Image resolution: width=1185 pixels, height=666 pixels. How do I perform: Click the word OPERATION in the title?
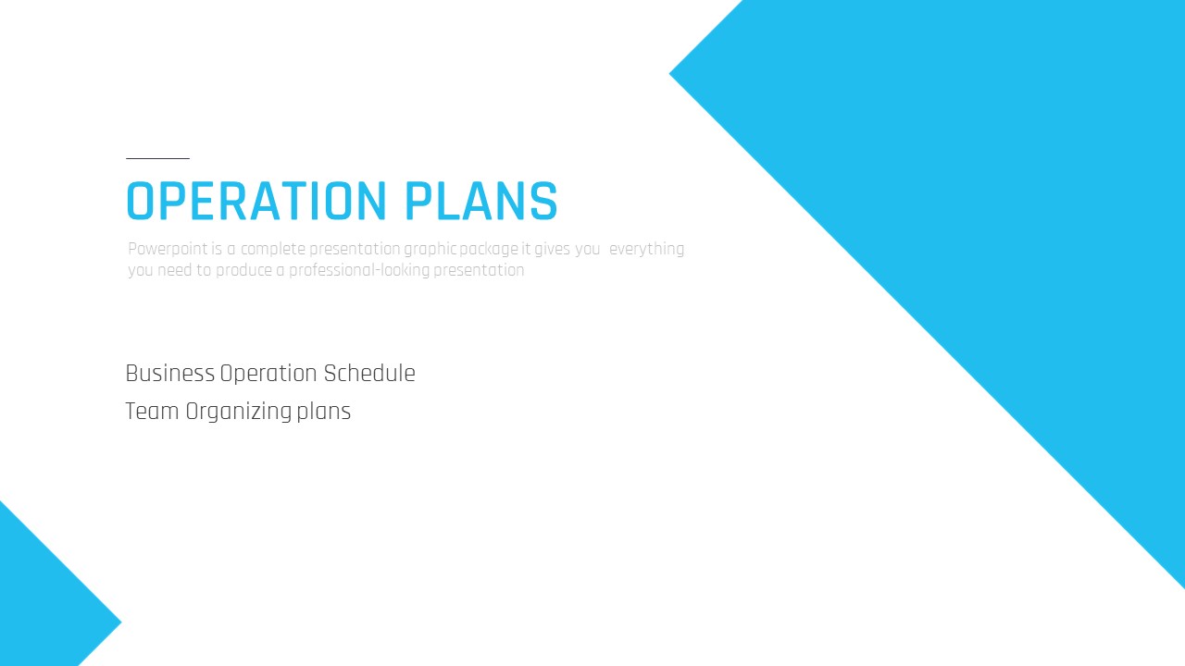256,202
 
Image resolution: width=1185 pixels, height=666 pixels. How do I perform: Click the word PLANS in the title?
481,202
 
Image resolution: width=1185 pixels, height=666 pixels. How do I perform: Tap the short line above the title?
157,158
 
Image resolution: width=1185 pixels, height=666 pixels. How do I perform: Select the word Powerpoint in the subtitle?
168,250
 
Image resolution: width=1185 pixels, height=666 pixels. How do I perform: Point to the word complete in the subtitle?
273,250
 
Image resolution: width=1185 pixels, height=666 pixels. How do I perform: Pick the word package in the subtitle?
489,250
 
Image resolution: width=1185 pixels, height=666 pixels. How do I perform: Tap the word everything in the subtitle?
646,250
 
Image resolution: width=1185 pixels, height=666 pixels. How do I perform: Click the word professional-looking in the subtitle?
359,270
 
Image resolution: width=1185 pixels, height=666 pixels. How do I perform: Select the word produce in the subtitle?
244,270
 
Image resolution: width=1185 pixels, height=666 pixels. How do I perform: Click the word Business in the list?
169,373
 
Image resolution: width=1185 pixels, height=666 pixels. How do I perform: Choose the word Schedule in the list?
369,373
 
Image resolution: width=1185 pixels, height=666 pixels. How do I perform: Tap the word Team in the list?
152,412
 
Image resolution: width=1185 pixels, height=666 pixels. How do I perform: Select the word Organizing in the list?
239,413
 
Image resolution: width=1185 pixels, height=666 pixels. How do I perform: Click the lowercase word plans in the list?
323,413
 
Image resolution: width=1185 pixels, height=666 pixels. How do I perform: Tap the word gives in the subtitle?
552,250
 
